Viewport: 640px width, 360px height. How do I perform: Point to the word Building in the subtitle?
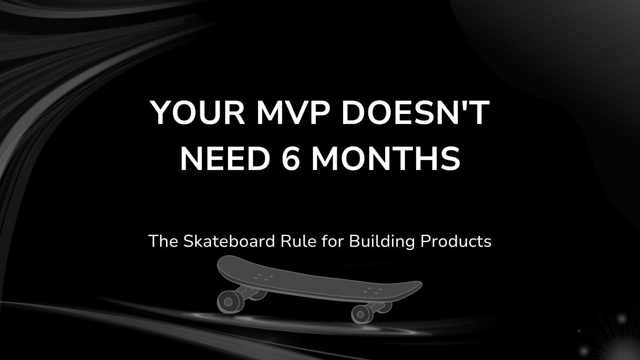click(x=382, y=242)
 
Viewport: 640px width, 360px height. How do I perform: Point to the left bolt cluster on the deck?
click(x=264, y=276)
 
